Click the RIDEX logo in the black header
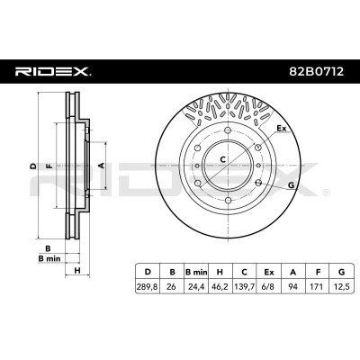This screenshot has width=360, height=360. click(53, 71)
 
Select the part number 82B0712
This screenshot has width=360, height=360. click(316, 71)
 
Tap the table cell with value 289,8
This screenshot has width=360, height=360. click(148, 287)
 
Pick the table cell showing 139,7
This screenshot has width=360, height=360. click(245, 287)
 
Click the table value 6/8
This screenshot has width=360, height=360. click(269, 287)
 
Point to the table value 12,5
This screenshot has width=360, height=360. click(341, 287)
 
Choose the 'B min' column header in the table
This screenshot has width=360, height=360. click(196, 272)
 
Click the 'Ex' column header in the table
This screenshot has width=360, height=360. click(269, 272)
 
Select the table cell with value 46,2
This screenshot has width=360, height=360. click(220, 287)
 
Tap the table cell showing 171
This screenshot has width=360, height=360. click(317, 287)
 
